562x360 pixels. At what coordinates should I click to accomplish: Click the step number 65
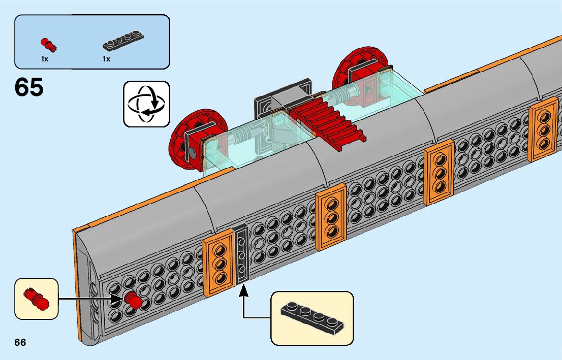(29, 87)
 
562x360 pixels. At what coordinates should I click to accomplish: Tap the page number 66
(20, 342)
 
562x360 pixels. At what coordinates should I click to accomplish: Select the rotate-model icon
(146, 104)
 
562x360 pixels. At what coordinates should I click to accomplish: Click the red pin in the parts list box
(48, 44)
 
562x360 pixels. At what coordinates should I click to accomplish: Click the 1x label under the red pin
(45, 59)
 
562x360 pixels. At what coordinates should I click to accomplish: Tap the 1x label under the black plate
(106, 59)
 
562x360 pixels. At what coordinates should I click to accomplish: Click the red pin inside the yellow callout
(37, 298)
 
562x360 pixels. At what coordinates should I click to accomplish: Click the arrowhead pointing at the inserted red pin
(119, 299)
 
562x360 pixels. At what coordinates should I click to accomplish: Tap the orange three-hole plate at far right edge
(543, 129)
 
